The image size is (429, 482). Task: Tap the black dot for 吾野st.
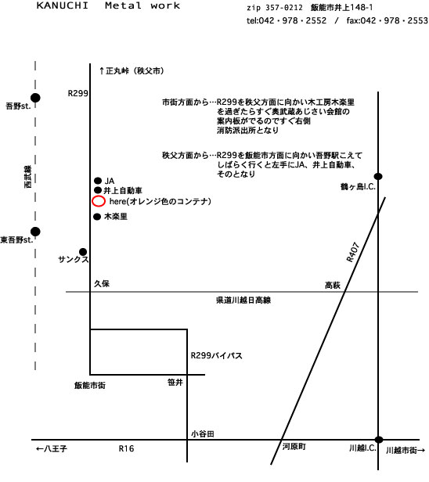35,98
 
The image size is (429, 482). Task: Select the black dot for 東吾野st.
35,232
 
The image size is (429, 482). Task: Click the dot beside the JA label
98,181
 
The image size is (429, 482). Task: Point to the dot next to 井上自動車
98,190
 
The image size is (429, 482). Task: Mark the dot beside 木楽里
97,217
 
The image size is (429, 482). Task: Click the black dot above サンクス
83,252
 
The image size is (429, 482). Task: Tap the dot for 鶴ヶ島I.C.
378,177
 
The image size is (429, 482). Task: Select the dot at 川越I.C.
379,440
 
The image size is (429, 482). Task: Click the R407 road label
353,253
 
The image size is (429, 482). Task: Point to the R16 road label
126,448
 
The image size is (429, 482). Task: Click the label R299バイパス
217,355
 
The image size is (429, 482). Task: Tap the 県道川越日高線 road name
243,300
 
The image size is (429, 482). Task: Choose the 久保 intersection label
102,283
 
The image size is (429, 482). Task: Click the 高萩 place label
333,286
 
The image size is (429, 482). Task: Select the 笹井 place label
175,382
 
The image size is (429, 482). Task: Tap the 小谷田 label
202,433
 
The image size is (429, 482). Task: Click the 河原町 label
294,446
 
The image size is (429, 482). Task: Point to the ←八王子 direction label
52,448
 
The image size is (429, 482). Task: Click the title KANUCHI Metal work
108,5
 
